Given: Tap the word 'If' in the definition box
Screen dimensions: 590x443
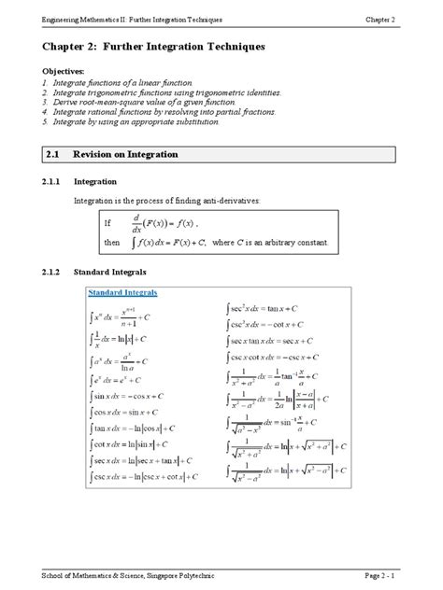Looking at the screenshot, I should pos(120,224).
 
